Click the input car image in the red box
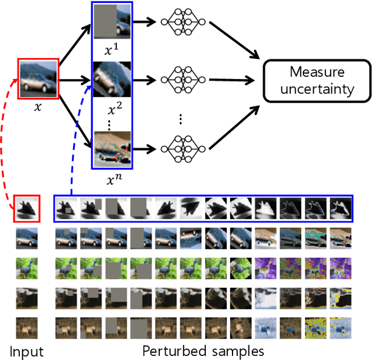coord(38,77)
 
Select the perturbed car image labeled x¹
coord(112,22)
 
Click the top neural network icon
coord(184,22)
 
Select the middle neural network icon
coord(184,80)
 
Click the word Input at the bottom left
coord(26,351)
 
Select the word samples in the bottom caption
coord(238,351)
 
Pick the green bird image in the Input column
coord(27,269)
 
